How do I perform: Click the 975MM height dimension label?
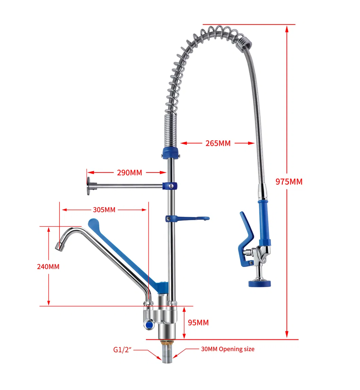[x=289, y=182]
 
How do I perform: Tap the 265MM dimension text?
[x=218, y=143]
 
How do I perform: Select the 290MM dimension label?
[x=129, y=173]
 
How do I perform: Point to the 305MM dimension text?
[x=104, y=210]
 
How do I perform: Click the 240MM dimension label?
[x=48, y=267]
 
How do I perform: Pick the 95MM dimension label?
[x=198, y=323]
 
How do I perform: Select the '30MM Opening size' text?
[x=227, y=349]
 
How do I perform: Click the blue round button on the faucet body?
[x=149, y=325]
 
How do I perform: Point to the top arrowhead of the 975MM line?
[x=287, y=29]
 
